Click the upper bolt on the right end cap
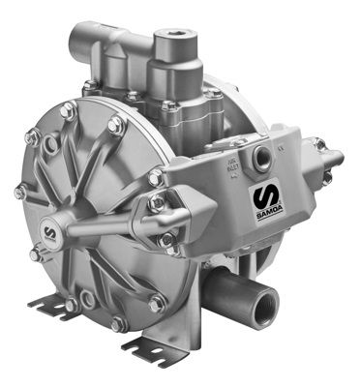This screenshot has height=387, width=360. (x=319, y=144)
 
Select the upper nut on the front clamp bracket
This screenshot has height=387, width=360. (x=158, y=205)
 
